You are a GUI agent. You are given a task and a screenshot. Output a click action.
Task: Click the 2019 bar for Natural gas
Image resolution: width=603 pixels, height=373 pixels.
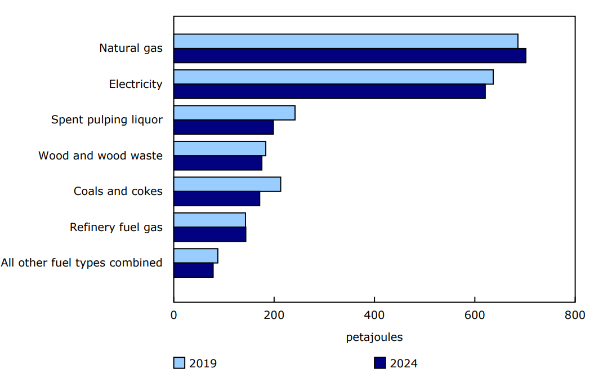point(346,41)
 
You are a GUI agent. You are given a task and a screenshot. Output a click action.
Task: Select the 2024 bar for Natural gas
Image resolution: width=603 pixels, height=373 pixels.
point(350,56)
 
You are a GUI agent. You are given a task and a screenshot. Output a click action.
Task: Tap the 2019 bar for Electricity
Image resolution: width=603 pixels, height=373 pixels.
point(333,77)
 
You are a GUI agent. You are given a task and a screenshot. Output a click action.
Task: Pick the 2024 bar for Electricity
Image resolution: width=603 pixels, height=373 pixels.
point(329,91)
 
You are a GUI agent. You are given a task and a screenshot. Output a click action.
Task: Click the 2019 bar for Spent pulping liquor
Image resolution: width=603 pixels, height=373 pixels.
point(234,113)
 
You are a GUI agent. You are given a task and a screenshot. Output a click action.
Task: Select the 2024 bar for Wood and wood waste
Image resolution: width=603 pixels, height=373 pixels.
point(218,163)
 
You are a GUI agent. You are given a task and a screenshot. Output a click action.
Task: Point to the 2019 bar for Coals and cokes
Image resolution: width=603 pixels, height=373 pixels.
point(227,184)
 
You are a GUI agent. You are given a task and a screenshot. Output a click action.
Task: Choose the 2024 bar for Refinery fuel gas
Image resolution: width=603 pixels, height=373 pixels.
point(209,234)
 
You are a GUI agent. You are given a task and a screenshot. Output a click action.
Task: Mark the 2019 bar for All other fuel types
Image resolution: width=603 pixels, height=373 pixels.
point(195,256)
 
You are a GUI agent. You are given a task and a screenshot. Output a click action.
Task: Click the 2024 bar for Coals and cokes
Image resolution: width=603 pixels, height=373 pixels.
point(217,199)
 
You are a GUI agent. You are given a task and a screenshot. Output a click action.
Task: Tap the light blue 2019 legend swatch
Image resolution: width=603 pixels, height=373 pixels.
point(179,363)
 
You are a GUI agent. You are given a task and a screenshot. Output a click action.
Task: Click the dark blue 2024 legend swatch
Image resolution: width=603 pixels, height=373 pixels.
point(380,363)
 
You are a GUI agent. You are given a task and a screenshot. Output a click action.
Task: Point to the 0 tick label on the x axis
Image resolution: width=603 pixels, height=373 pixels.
point(173,315)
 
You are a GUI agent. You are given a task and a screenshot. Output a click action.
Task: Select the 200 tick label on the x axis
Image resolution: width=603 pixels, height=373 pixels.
point(274,315)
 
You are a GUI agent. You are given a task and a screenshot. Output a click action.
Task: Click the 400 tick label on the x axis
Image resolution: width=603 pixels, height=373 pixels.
point(374,315)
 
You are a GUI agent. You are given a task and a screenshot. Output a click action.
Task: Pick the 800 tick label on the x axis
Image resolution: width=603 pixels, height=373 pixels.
point(575,315)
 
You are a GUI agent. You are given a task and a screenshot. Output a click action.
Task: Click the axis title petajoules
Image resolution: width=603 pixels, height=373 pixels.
point(374,338)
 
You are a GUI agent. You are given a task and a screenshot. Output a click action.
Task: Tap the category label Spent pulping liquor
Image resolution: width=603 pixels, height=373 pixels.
point(107,120)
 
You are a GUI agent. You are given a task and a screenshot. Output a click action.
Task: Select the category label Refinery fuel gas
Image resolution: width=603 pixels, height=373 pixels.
point(116,227)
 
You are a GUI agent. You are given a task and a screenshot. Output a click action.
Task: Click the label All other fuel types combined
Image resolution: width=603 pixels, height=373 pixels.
point(82,263)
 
